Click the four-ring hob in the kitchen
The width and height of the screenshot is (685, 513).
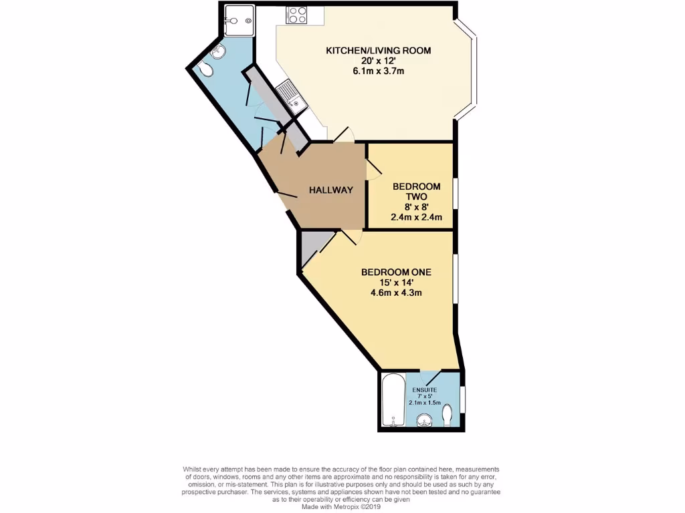pos(296,15)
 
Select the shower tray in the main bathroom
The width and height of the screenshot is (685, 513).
pos(239,20)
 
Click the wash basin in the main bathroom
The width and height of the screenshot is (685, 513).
pos(221,52)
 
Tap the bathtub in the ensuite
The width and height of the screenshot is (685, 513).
pos(392,400)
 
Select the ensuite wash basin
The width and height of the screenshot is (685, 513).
pos(423,419)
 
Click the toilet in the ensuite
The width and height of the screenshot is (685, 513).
pos(448,416)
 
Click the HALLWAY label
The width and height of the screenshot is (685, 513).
pos(330,190)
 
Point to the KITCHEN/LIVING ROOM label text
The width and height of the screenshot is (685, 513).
pos(378,51)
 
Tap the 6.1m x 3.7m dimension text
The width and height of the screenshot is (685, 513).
pos(378,71)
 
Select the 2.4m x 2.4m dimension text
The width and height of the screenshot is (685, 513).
pos(416,217)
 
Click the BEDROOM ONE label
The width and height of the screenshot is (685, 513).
pos(396,272)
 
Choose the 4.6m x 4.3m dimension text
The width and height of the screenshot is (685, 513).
pos(396,293)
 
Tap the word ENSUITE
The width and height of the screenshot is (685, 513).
pos(425,389)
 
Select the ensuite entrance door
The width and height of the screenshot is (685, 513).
pos(428,375)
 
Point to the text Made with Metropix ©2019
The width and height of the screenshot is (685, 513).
pos(342,507)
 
